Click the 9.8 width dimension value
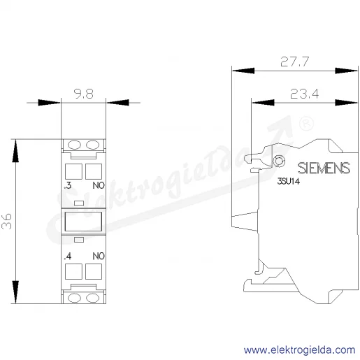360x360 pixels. (x=84, y=94)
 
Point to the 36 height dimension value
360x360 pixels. (x=6, y=222)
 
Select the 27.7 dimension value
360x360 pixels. (x=294, y=62)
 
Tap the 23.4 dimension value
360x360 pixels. (x=304, y=94)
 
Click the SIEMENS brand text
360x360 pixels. (x=324, y=168)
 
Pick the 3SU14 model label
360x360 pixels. (x=288, y=181)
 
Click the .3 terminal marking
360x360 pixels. (x=68, y=185)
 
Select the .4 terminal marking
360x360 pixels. (x=68, y=257)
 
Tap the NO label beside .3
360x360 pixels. (x=99, y=185)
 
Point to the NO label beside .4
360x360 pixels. (x=99, y=257)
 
